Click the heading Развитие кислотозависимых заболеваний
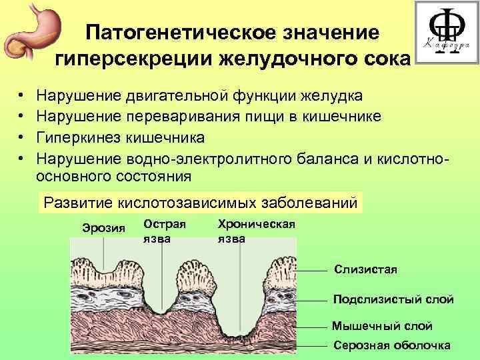point(201,203)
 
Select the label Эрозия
point(103,229)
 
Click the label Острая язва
point(163,231)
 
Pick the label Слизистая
point(365,269)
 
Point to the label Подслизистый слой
point(393,299)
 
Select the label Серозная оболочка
point(391,345)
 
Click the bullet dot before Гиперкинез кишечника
point(23,137)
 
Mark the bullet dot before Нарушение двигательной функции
point(23,97)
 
